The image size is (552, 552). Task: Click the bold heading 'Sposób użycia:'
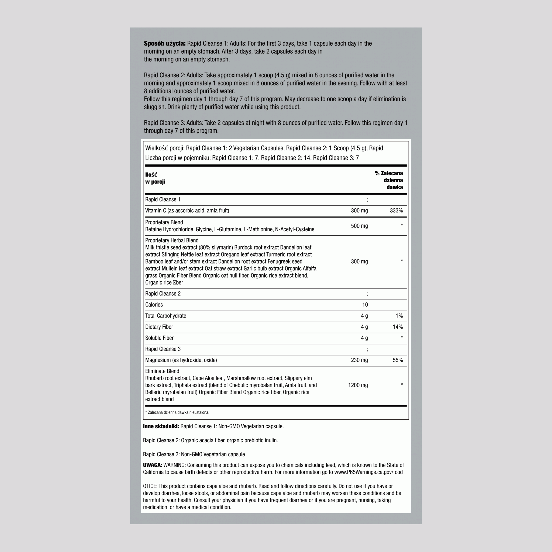pyautogui.click(x=165, y=43)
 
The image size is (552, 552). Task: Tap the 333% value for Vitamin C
pyautogui.click(x=396, y=211)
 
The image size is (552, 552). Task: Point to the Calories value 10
pyautogui.click(x=365, y=305)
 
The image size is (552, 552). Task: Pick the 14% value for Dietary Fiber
pyautogui.click(x=398, y=327)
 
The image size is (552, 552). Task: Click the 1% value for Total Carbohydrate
pyautogui.click(x=399, y=316)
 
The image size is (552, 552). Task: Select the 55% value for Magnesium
pyautogui.click(x=398, y=360)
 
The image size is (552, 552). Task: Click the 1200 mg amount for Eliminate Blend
pyautogui.click(x=358, y=385)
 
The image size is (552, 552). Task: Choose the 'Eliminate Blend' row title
pyautogui.click(x=162, y=371)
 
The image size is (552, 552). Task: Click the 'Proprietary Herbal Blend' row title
pyautogui.click(x=172, y=240)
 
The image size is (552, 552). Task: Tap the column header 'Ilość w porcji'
pyautogui.click(x=155, y=178)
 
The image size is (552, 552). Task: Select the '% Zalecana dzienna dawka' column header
pyautogui.click(x=389, y=180)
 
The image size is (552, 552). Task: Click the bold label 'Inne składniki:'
pyautogui.click(x=161, y=426)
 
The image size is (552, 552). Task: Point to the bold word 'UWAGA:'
pyautogui.click(x=152, y=465)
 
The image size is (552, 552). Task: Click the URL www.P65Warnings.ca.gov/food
pyautogui.click(x=368, y=472)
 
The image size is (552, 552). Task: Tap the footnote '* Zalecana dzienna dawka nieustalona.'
pyautogui.click(x=177, y=412)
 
